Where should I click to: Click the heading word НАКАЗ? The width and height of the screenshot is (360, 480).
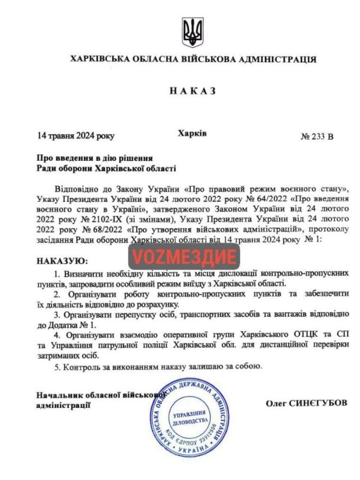[x=193, y=91]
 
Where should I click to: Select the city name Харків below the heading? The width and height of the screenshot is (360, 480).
[x=192, y=134]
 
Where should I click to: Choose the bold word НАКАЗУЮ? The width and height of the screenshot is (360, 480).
[x=61, y=260]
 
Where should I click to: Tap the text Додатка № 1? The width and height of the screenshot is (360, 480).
[x=63, y=325]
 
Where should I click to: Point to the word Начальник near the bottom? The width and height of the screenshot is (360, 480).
[x=58, y=395]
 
